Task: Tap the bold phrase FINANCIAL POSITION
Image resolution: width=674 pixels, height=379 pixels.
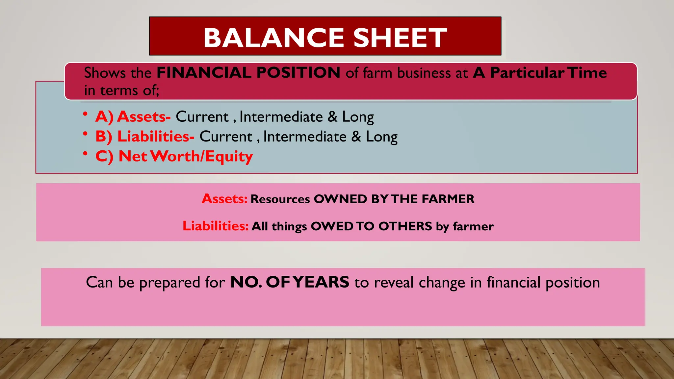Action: point(248,73)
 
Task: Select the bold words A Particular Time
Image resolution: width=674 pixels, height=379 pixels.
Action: point(540,73)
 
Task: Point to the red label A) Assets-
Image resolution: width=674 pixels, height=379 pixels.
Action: point(133,117)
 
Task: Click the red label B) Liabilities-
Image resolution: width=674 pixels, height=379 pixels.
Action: point(145,137)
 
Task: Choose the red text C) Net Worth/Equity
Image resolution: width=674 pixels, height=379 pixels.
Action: point(174,156)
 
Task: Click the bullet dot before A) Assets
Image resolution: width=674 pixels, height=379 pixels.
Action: point(85,114)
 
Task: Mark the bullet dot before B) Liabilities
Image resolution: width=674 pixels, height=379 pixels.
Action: point(85,134)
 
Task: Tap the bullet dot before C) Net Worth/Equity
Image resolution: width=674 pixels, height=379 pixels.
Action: point(85,153)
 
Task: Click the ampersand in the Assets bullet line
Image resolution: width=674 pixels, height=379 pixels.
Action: point(332,117)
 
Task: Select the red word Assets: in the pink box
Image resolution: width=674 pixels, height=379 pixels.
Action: point(224,199)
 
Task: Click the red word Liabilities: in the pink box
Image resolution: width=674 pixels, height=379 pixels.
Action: point(216,226)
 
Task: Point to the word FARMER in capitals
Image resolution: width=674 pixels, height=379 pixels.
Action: point(448,199)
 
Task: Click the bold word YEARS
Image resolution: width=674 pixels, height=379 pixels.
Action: point(321,282)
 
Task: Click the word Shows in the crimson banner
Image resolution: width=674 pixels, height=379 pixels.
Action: point(105,73)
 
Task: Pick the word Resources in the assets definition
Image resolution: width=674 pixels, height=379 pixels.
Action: point(280,199)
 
